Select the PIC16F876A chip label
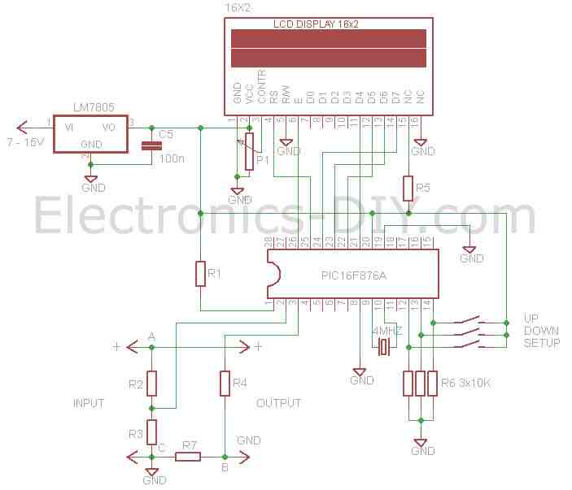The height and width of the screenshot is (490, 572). pyautogui.click(x=354, y=276)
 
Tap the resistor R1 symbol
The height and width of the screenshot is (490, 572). pyautogui.click(x=200, y=274)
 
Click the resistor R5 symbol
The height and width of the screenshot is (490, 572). pyautogui.click(x=408, y=189)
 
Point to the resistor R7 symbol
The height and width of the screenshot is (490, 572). pyautogui.click(x=188, y=456)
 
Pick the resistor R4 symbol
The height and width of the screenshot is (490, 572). pyautogui.click(x=225, y=383)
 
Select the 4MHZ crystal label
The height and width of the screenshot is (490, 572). pyautogui.click(x=387, y=332)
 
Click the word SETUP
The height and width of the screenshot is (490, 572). pyautogui.click(x=541, y=344)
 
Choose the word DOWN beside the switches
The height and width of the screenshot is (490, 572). pyautogui.click(x=541, y=331)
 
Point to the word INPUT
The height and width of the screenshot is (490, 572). pyautogui.click(x=89, y=403)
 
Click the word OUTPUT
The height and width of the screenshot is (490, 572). pyautogui.click(x=279, y=403)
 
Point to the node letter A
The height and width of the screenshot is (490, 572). pyautogui.click(x=151, y=336)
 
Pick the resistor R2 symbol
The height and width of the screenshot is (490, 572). pyautogui.click(x=151, y=383)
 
